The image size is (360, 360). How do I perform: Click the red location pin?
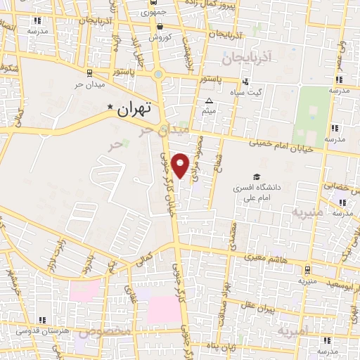pyautogui.click(x=181, y=165)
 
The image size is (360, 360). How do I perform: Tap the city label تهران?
pyautogui.click(x=135, y=109)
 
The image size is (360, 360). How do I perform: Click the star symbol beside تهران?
pyautogui.click(x=110, y=107)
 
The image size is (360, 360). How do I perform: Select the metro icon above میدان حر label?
pyautogui.click(x=89, y=72)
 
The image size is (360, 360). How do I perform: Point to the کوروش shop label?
pyautogui.click(x=160, y=37)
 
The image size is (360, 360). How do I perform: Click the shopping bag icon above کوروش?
pyautogui.click(x=150, y=26)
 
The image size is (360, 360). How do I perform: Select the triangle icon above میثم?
pyautogui.click(x=209, y=101)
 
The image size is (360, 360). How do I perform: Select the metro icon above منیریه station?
pyautogui.click(x=307, y=269)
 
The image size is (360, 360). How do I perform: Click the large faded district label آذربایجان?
pyautogui.click(x=250, y=58)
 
